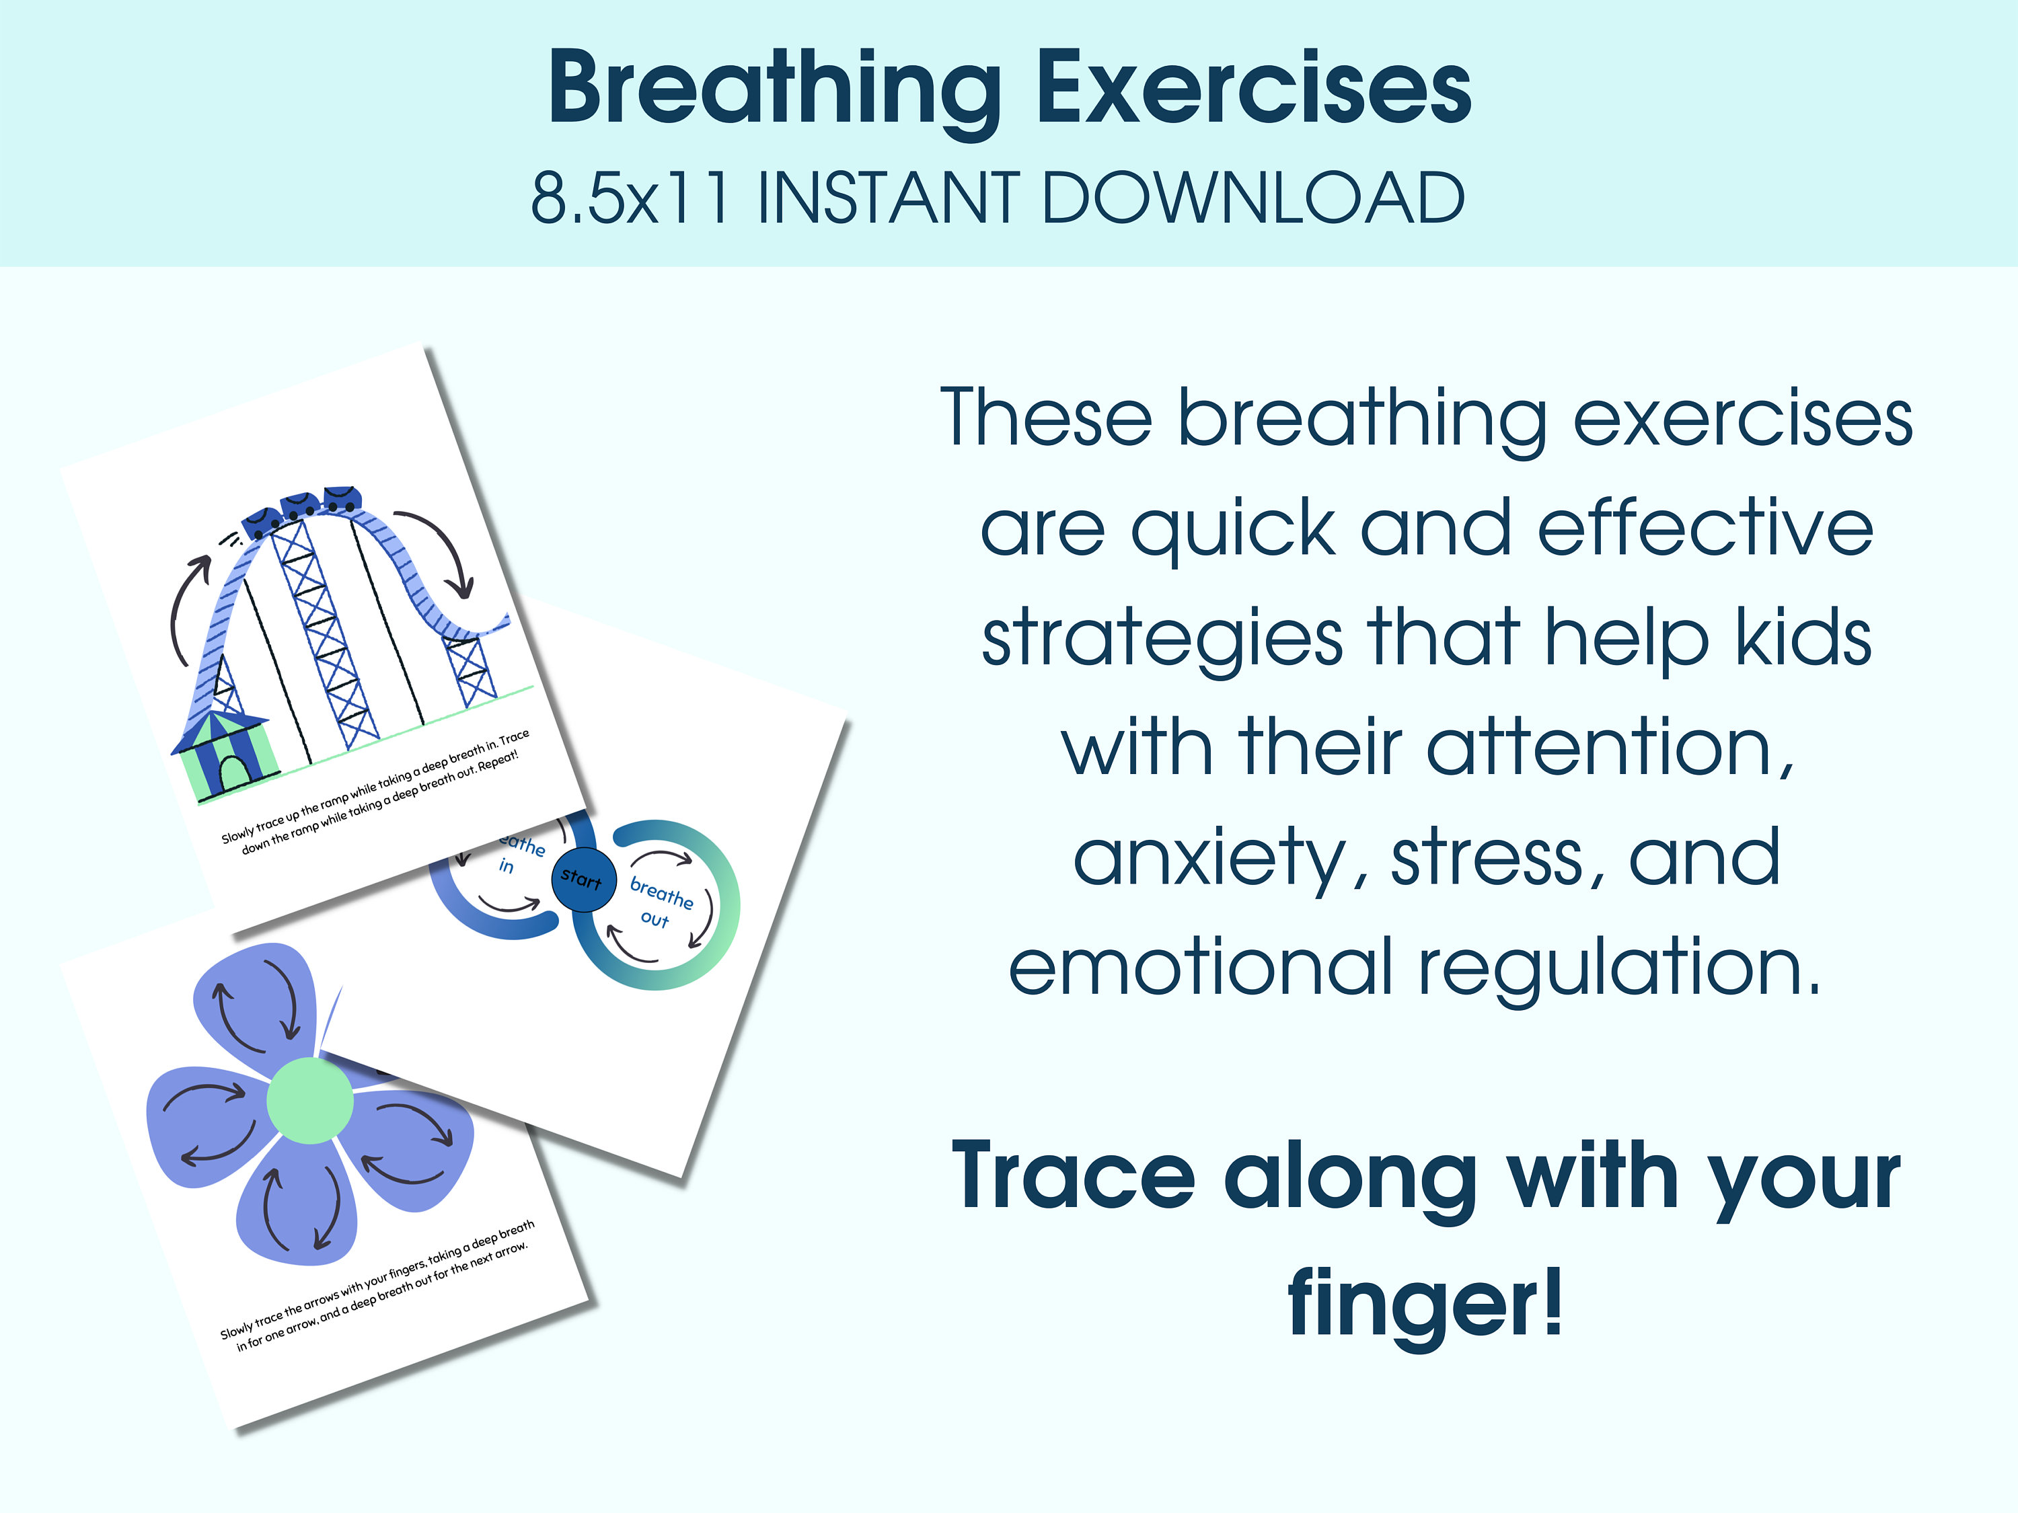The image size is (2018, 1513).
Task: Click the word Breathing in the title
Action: pyautogui.click(x=774, y=89)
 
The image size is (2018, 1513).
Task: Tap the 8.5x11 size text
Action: pyautogui.click(x=630, y=197)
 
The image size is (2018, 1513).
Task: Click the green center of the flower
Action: pyautogui.click(x=309, y=1100)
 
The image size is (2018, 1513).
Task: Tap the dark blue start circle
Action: pyautogui.click(x=584, y=879)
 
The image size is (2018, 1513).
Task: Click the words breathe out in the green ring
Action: pyautogui.click(x=660, y=903)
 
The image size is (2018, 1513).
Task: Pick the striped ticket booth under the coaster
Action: pyautogui.click(x=222, y=752)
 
